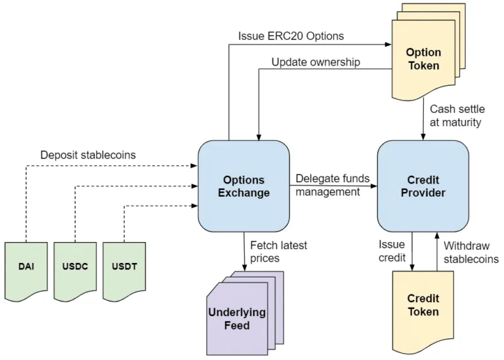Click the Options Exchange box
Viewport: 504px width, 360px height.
click(x=243, y=186)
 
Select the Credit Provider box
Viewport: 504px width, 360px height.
click(x=423, y=186)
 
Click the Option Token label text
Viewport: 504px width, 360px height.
click(x=423, y=59)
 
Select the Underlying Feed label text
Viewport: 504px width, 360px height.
click(x=237, y=319)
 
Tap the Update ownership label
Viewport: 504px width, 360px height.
click(x=315, y=62)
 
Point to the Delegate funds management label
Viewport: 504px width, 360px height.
click(x=333, y=185)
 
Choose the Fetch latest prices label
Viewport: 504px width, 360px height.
click(x=279, y=252)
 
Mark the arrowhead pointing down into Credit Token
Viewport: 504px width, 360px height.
click(x=412, y=266)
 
